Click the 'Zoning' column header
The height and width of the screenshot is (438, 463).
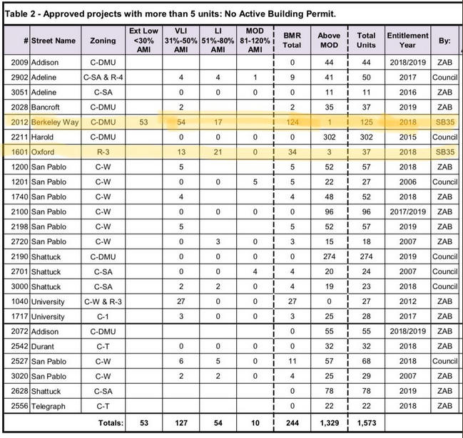click(x=103, y=41)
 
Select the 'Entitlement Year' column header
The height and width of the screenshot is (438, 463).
click(x=408, y=41)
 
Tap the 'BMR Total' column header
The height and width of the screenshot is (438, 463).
click(x=292, y=41)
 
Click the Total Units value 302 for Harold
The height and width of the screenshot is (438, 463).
click(x=367, y=137)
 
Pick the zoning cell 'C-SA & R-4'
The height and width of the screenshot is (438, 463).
click(x=103, y=77)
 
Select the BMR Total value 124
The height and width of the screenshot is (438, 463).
click(x=292, y=122)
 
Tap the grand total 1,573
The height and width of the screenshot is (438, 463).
click(x=367, y=424)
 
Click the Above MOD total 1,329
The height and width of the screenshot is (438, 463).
click(x=329, y=424)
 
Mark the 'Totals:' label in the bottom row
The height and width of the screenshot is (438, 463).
click(x=106, y=424)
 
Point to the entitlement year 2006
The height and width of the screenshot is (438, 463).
click(x=408, y=182)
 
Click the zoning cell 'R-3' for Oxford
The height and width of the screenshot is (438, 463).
click(x=103, y=152)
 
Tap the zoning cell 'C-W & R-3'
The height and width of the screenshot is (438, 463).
click(x=103, y=301)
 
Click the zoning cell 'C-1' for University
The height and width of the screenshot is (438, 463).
click(x=103, y=316)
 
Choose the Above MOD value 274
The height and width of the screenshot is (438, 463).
click(x=329, y=256)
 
